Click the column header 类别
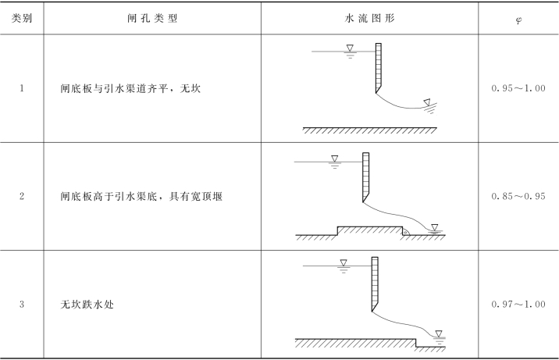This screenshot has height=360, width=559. point(22,18)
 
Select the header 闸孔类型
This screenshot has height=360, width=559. point(152,18)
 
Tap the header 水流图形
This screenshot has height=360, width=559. point(370,18)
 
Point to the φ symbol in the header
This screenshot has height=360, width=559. point(518,20)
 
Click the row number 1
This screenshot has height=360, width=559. point(22,88)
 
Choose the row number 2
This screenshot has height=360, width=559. point(22,196)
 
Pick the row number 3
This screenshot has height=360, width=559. point(22,304)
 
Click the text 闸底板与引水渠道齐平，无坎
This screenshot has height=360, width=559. point(130,88)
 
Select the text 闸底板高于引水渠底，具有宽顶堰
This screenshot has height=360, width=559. point(141,196)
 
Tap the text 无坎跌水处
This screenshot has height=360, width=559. point(87,305)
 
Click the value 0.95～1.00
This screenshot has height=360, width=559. point(518,88)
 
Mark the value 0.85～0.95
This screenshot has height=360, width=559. point(518,196)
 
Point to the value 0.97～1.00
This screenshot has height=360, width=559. point(518,304)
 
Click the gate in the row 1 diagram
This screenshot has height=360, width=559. point(379,68)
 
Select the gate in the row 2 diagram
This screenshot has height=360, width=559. point(366,177)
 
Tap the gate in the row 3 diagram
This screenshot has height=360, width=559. point(375,283)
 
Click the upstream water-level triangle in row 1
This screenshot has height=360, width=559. point(350,48)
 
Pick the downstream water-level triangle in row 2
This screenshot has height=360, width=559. point(435,227)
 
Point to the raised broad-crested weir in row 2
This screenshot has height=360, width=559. point(370,230)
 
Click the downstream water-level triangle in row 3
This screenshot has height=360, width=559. point(439,334)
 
